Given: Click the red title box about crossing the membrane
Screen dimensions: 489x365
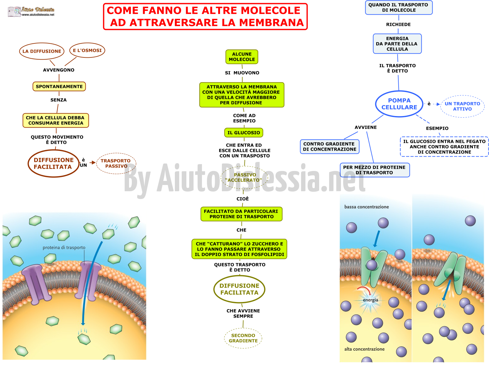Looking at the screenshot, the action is pos(205,16).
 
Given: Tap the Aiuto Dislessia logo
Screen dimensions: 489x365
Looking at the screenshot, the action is pos(31,11).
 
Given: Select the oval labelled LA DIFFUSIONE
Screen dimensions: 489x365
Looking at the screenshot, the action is pos(42,51).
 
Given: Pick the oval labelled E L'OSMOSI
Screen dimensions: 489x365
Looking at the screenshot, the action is pos(87,50).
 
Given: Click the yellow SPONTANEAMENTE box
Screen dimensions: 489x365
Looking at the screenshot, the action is pos(59,86).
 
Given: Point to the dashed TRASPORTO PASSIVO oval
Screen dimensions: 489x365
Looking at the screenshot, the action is pos(116,163).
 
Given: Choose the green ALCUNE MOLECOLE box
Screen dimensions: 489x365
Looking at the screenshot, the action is pos(242,57).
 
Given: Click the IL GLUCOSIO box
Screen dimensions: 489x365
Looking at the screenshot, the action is pos(243,133).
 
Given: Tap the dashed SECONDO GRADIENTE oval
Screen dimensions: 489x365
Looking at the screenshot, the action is pos(243,338).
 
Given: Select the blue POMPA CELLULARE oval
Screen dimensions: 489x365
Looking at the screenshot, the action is pos(399,104).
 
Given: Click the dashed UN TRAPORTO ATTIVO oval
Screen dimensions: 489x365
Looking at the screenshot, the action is pos(462,106).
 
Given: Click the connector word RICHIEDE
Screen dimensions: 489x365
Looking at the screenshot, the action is pos(398,24).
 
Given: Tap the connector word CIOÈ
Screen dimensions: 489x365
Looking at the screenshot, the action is pos(242,198).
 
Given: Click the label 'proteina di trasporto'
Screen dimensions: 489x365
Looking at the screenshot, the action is pos(64,247).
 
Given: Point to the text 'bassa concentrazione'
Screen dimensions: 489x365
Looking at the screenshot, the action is pos(366,207).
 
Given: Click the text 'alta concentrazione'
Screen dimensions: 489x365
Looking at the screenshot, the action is pos(364,349).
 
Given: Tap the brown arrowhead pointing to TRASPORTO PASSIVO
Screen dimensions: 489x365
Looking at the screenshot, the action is pos(93,163).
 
